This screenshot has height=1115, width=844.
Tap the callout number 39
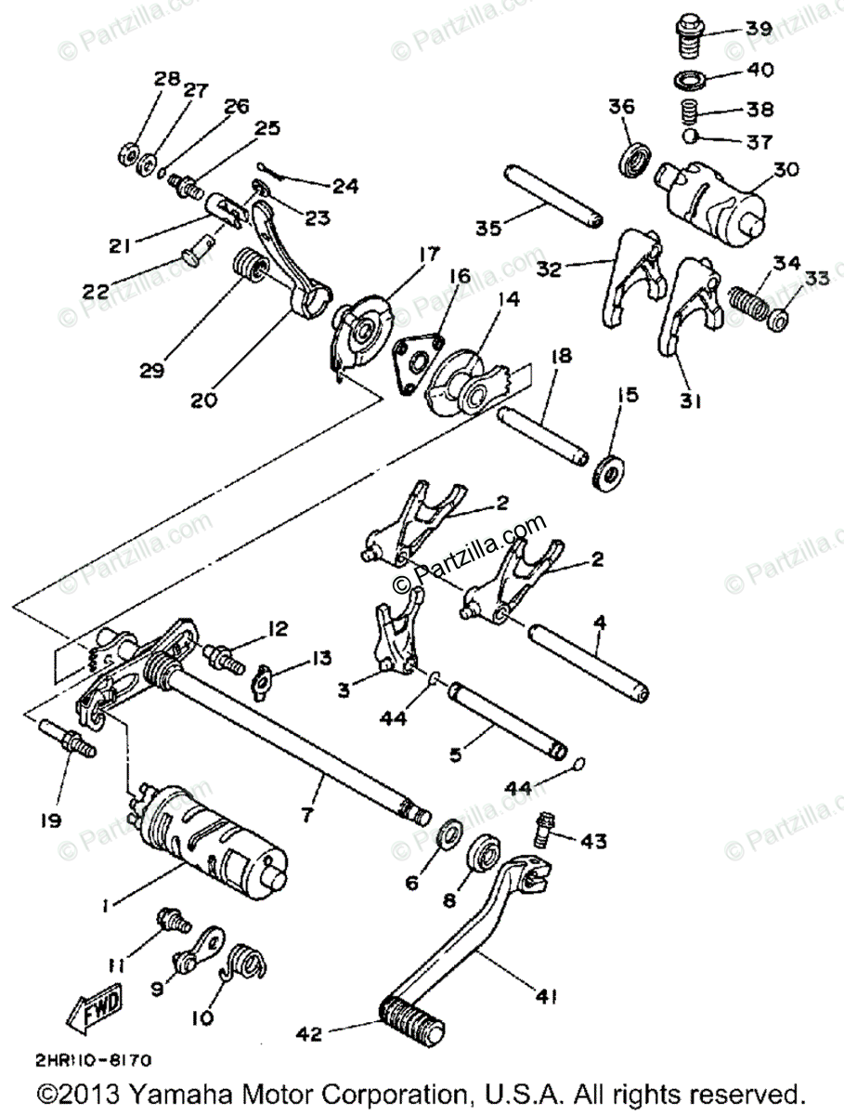pyautogui.click(x=759, y=29)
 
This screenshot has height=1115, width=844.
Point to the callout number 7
pyautogui.click(x=307, y=814)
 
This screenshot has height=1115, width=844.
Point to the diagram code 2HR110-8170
pyautogui.click(x=94, y=1060)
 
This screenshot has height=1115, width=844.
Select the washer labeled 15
pyautogui.click(x=609, y=472)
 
